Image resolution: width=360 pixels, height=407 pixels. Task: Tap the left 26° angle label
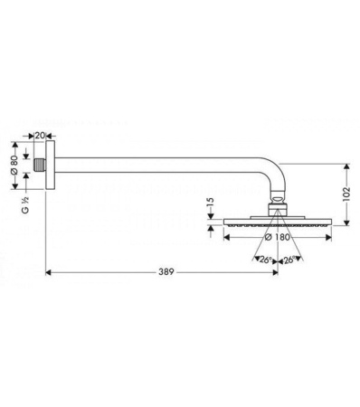263,260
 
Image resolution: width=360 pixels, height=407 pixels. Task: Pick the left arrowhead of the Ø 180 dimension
225,238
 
